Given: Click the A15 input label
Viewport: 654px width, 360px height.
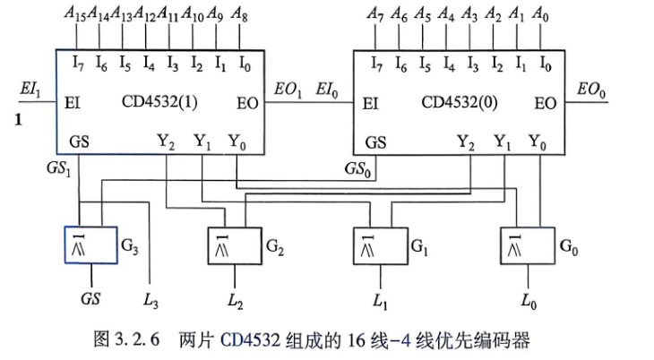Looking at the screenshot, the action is (x=74, y=13).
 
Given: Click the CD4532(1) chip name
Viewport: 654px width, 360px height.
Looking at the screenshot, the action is (x=159, y=101).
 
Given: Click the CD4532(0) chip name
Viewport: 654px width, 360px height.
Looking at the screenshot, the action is (x=460, y=102).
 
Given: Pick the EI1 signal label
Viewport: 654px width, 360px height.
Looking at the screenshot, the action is (x=30, y=90).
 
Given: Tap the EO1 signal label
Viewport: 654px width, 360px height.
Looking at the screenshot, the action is (x=288, y=90).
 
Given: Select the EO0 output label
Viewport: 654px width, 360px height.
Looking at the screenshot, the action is (x=591, y=90).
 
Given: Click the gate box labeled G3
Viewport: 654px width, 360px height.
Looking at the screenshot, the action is (x=90, y=245).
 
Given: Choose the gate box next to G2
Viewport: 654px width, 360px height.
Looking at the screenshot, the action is (x=235, y=246).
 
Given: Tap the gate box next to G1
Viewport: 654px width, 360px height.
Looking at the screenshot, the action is (x=381, y=246).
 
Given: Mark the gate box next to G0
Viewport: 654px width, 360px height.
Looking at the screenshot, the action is (x=528, y=246).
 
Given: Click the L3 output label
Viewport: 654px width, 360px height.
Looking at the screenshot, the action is (x=151, y=300).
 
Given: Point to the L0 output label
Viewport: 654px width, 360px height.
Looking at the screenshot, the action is (x=529, y=301).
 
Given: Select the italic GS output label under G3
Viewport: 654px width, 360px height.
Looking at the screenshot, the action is (x=90, y=299).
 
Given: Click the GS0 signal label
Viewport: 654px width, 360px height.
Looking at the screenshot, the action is (x=357, y=169).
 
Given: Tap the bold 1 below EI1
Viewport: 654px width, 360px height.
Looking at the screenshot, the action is (x=18, y=120).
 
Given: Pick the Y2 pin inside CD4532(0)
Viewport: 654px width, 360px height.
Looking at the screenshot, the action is (x=466, y=142).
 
